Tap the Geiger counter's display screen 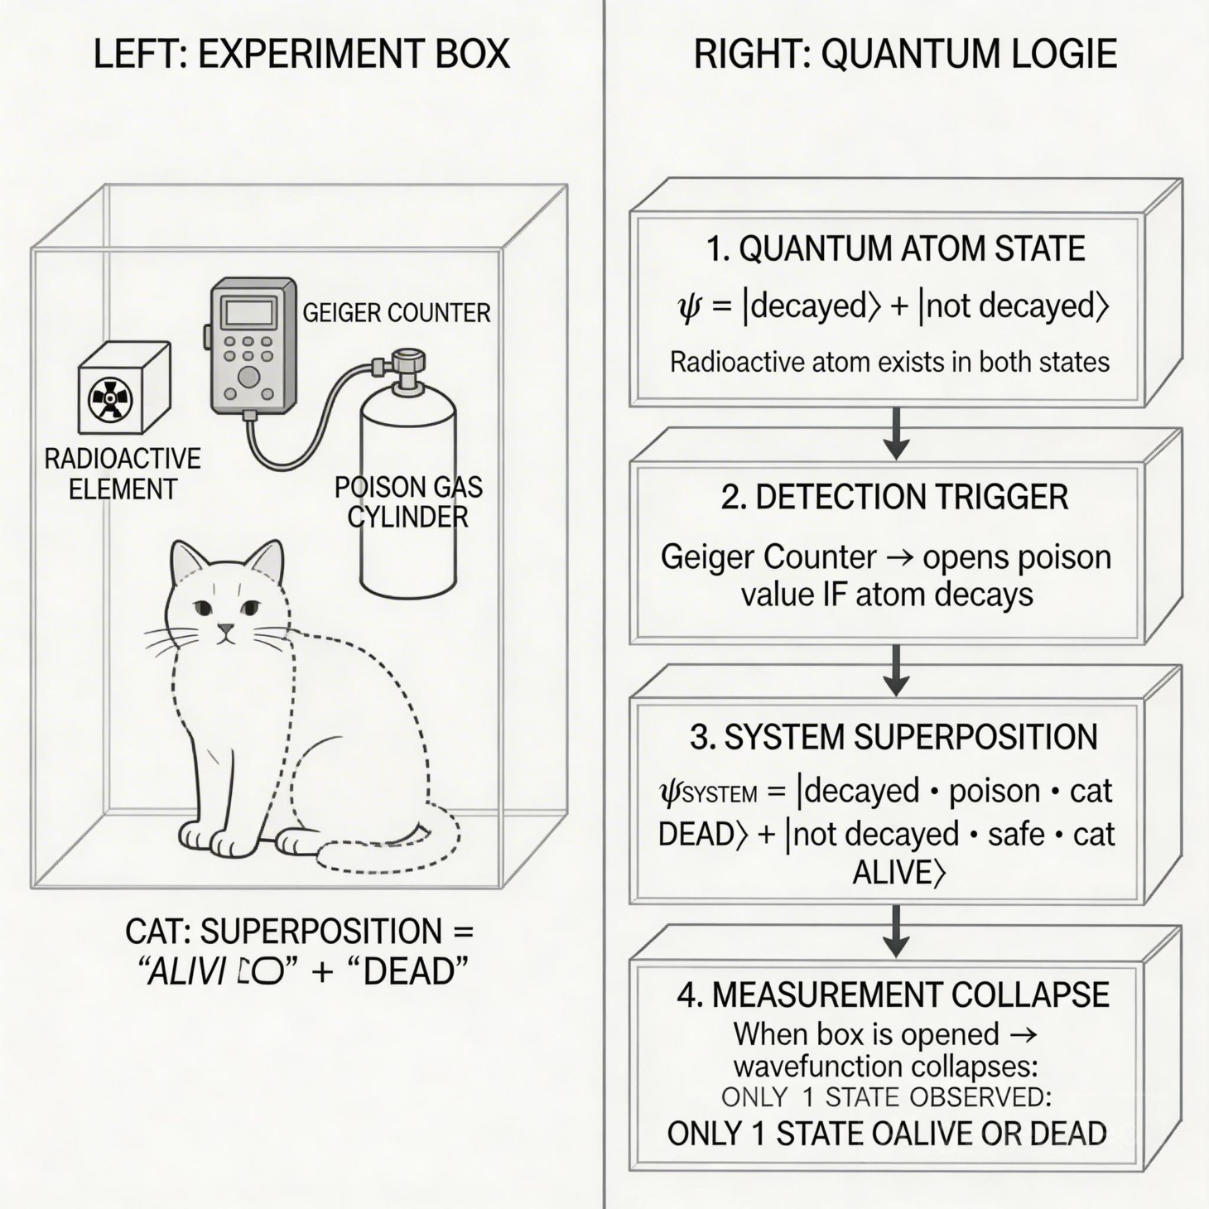pyautogui.click(x=249, y=312)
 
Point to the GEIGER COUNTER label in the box pyautogui.click(x=396, y=313)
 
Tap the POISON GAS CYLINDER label pyautogui.click(x=408, y=502)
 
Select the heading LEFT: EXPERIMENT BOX pyautogui.click(x=301, y=55)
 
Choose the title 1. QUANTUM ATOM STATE pyautogui.click(x=895, y=249)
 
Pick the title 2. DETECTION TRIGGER pyautogui.click(x=894, y=497)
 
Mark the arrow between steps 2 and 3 pyautogui.click(x=896, y=671)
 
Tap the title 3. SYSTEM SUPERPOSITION pyautogui.click(x=894, y=737)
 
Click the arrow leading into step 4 pyautogui.click(x=896, y=931)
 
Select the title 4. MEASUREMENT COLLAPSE pyautogui.click(x=894, y=995)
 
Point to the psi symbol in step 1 pyautogui.click(x=689, y=307)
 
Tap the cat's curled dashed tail pyautogui.click(x=389, y=853)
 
